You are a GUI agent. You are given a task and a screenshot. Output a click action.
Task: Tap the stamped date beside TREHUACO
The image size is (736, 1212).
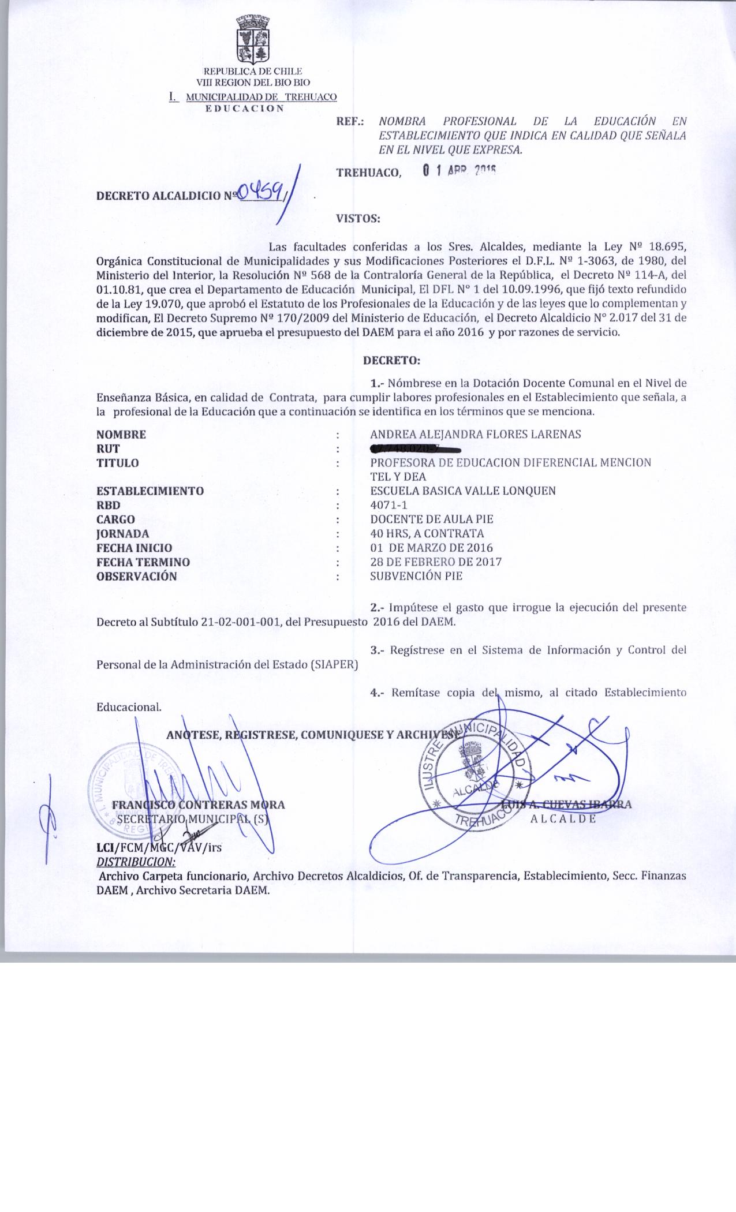459,171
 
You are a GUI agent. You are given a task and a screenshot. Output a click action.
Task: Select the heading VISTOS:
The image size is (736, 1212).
357,219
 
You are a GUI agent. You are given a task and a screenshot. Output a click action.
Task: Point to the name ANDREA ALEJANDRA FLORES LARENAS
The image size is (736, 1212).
475,435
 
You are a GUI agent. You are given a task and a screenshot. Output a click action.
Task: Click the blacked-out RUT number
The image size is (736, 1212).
415,448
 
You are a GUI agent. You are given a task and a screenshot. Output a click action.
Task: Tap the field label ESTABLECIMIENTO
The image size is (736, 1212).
150,491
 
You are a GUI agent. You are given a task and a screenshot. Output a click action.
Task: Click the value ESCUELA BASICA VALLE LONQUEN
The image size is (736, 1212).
463,491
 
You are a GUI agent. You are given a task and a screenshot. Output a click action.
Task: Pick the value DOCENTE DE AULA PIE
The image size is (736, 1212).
432,519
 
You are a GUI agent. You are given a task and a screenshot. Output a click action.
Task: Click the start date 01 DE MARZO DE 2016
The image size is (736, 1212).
431,548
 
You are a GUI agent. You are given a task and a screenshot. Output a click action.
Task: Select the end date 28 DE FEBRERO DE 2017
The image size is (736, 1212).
436,562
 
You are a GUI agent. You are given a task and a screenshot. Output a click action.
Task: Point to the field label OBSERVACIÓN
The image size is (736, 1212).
137,576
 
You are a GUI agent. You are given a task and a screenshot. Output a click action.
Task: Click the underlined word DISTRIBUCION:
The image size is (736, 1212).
136,862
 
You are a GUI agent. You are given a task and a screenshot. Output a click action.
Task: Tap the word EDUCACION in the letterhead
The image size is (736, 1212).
245,108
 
